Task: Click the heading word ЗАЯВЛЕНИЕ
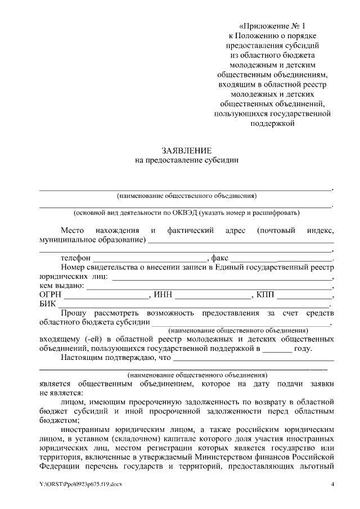(x=186, y=150)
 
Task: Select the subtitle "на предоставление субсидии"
(x=186, y=160)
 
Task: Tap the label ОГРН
(x=51, y=295)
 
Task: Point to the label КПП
(x=264, y=295)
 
